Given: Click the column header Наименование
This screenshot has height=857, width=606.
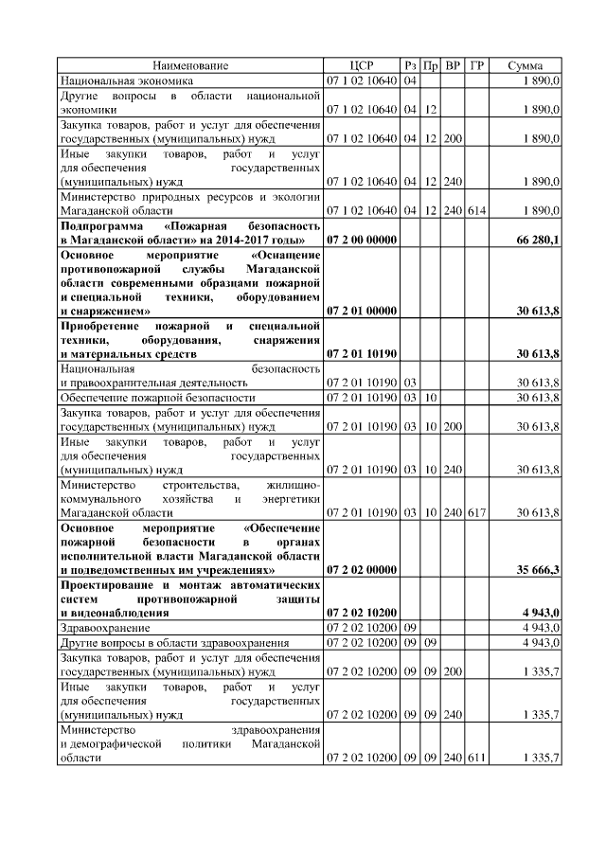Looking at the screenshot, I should click(190, 65).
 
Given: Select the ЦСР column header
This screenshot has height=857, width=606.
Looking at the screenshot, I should click(362, 65).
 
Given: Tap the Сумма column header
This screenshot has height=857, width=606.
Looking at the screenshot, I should click(526, 65).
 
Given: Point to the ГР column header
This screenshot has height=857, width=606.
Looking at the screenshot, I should click(477, 65).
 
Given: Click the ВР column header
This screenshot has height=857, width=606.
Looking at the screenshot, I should click(453, 65).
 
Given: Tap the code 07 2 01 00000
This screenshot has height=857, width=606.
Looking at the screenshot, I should click(362, 310).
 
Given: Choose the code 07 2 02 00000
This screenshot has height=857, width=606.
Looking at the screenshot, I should click(362, 570).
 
